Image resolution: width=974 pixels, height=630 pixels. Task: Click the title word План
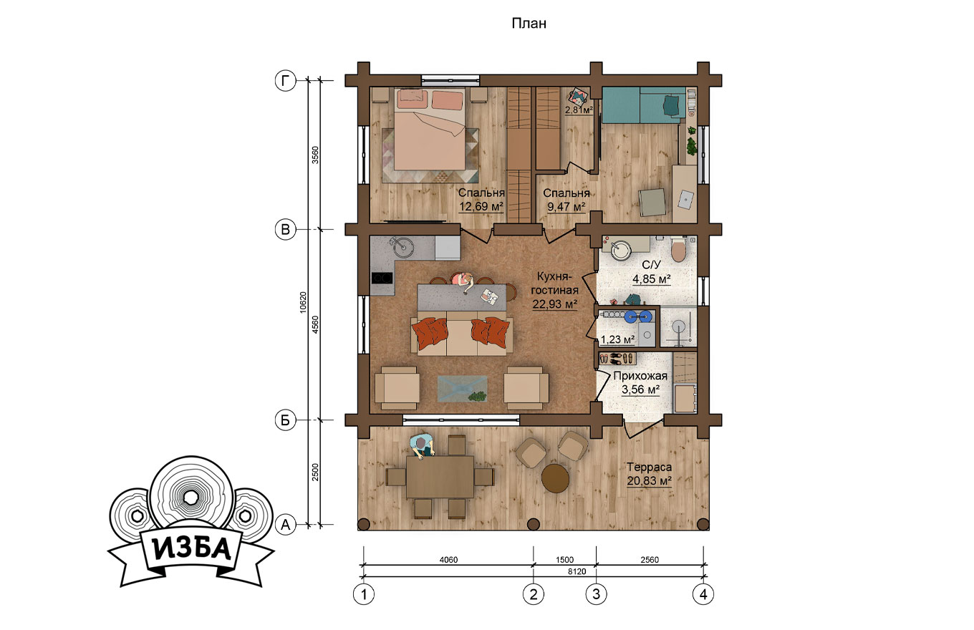529,23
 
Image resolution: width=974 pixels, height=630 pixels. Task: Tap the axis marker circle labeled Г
286,81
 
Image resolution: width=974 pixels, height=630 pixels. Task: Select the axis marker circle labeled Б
286,420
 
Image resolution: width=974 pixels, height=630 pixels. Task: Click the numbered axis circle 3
596,594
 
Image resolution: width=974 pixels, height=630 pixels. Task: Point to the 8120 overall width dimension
577,571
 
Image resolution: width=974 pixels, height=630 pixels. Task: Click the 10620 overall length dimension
303,302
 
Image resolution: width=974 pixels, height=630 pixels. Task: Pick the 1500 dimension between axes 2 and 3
564,560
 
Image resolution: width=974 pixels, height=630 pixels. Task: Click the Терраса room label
649,467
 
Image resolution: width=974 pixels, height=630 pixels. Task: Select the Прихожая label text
640,376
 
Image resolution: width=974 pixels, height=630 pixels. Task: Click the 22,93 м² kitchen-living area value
555,304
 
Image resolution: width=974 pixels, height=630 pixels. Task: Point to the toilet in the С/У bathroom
678,249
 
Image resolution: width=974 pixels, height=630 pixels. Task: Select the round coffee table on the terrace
555,478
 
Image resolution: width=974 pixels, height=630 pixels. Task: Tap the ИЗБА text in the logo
192,549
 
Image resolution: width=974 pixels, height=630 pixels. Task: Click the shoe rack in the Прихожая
617,359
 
